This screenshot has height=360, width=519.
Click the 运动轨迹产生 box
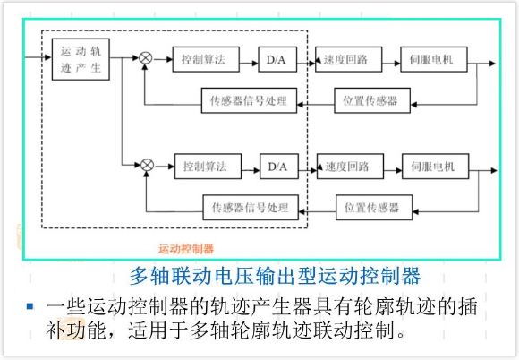(81, 59)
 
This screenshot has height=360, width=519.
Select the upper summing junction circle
(145, 58)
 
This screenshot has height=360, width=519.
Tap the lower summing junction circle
(148, 165)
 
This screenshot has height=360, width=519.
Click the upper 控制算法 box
(206, 59)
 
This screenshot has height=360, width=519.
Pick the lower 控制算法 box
(208, 167)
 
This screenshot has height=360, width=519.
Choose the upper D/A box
(277, 59)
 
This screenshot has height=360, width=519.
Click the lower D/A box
(279, 167)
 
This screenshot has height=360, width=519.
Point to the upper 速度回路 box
(349, 59)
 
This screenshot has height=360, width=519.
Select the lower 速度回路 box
(350, 167)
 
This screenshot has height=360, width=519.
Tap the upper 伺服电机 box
(434, 59)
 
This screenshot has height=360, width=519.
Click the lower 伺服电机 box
(436, 167)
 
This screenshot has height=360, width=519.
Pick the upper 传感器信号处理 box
(250, 100)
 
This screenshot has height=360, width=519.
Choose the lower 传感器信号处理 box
(251, 208)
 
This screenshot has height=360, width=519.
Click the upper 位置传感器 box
(372, 100)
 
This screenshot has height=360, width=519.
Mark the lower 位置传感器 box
(374, 208)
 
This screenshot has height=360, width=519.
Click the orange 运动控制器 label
(186, 249)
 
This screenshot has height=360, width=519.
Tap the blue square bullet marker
(30, 306)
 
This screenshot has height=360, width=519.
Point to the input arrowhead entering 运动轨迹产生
(48, 57)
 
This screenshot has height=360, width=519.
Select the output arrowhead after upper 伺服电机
(492, 64)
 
